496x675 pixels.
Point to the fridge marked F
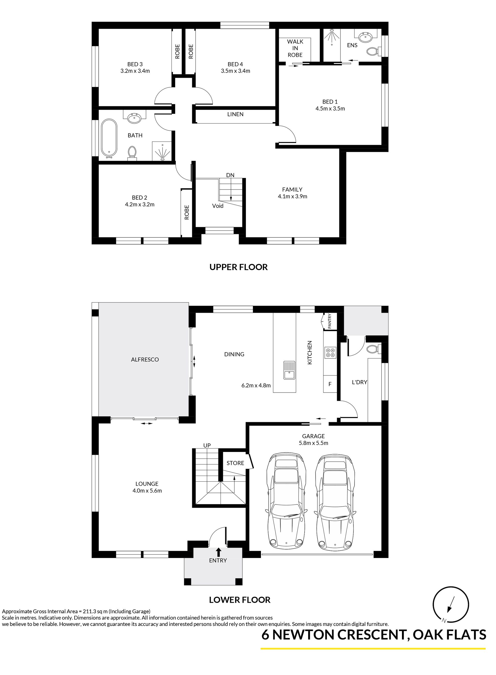click(x=330, y=384)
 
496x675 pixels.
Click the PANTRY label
click(x=329, y=321)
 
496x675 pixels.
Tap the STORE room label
click(x=235, y=463)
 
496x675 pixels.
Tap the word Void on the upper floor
click(x=218, y=206)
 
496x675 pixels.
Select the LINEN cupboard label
click(x=235, y=114)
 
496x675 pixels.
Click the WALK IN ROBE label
click(x=295, y=48)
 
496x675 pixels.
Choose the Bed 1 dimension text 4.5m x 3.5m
click(x=330, y=109)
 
